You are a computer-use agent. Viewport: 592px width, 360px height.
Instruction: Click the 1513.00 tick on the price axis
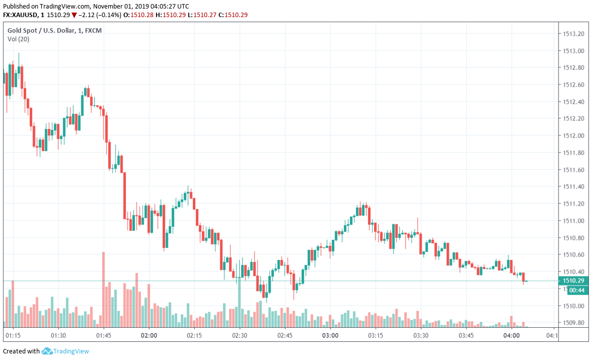coord(573,51)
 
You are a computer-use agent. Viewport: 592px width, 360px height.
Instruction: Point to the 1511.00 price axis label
coord(573,221)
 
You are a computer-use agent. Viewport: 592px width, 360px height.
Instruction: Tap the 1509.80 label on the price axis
coord(573,323)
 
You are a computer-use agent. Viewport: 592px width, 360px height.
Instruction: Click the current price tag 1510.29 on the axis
coord(573,280)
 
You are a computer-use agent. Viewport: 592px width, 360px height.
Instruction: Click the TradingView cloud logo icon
coord(47,351)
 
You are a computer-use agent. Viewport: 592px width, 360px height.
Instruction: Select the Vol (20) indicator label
coord(18,39)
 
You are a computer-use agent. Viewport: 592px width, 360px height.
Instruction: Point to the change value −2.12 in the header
coord(88,15)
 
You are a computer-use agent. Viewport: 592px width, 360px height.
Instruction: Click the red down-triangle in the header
coord(75,15)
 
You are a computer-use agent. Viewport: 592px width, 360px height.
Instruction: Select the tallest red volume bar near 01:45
coord(103,289)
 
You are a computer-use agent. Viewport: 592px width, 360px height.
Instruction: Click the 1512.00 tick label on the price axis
coord(573,136)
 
